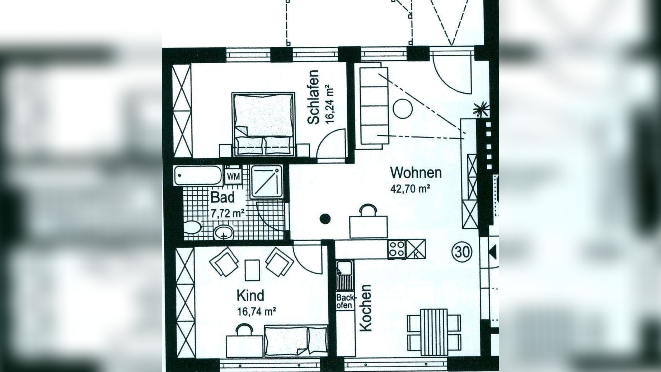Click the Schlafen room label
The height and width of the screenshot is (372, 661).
coord(313,97)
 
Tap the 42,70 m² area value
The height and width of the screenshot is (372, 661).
coord(410,189)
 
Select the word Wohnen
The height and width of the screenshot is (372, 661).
coord(416,173)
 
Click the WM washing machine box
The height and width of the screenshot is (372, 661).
coord(233,177)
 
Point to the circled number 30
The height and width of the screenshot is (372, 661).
coord(462,252)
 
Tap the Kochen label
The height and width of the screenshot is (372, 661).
coord(366,308)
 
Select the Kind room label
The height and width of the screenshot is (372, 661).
coord(250,296)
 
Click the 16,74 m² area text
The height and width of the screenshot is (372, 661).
coord(256,311)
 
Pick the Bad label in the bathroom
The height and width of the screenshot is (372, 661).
coord(222,197)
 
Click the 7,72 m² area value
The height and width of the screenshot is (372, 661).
coord(228,214)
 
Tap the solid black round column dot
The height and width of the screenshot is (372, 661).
coord(325,219)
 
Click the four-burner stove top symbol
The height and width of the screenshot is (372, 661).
coord(397,249)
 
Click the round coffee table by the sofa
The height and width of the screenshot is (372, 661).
coord(402,109)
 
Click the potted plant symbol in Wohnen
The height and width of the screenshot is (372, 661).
coord(481,109)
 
